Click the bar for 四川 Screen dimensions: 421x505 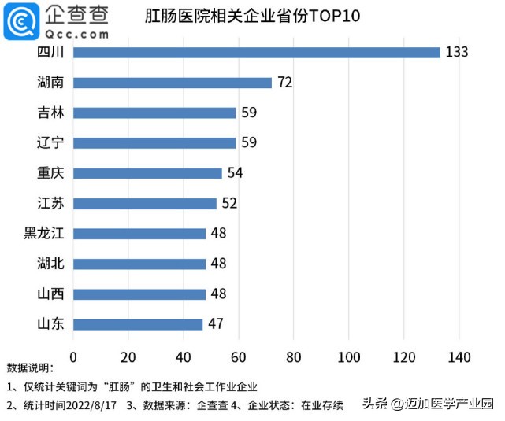[x=257, y=53]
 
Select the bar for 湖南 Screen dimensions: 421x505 [x=173, y=83]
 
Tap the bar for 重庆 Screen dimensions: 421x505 [x=147, y=173]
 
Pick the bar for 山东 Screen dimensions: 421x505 [x=138, y=324]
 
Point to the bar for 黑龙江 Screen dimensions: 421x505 [x=139, y=234]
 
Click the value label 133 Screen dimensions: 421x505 [x=456, y=53]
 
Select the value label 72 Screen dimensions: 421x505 [x=285, y=83]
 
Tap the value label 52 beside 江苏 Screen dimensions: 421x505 [x=230, y=204]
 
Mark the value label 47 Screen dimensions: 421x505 [x=216, y=324]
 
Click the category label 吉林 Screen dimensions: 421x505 [x=50, y=113]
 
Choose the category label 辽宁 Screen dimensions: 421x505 [x=50, y=143]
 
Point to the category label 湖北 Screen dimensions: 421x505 [x=50, y=264]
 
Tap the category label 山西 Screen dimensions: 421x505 [x=50, y=294]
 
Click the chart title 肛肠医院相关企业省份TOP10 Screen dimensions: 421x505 [x=252, y=17]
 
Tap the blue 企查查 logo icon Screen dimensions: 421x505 [x=21, y=21]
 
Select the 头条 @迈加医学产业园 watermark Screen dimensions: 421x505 [x=427, y=404]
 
